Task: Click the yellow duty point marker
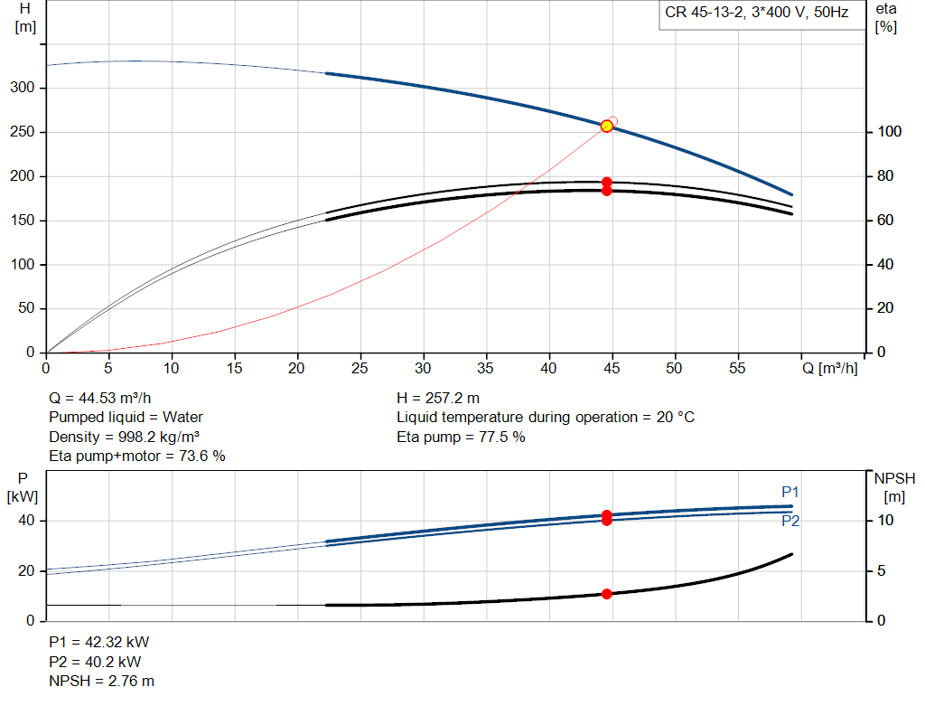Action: click(606, 127)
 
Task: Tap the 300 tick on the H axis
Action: click(23, 88)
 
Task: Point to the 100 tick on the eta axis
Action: click(890, 132)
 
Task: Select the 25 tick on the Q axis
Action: click(360, 368)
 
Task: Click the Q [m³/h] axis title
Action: click(830, 368)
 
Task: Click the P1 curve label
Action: click(790, 492)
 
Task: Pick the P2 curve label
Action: click(790, 521)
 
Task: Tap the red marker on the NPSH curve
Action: click(606, 594)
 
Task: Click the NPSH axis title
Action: click(895, 487)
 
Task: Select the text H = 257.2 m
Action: click(438, 399)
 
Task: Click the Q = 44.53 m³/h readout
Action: click(100, 399)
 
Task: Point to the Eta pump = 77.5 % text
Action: click(461, 437)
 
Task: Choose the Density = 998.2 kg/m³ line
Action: click(124, 437)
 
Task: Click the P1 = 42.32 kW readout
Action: click(99, 642)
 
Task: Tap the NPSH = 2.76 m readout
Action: click(101, 682)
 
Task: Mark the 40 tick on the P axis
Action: click(26, 521)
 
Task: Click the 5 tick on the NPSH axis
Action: click(882, 570)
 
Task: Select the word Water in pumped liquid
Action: click(182, 418)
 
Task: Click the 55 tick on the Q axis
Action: click(737, 368)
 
